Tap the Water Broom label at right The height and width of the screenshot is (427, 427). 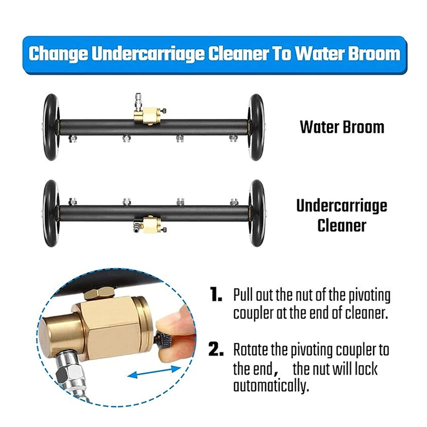[342, 127]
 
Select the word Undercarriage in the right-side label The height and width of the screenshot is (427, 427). [342, 206]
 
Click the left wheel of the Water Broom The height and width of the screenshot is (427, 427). [52, 127]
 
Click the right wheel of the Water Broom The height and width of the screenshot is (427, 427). [256, 127]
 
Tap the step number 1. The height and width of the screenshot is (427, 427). [216, 295]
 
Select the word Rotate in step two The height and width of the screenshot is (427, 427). [251, 351]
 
